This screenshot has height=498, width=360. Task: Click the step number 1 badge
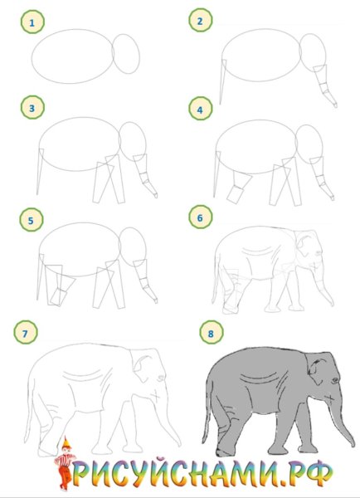click(x=32, y=22)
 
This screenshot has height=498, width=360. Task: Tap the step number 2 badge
click(x=200, y=20)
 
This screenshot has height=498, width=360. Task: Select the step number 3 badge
click(x=32, y=108)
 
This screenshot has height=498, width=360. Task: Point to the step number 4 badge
click(x=200, y=109)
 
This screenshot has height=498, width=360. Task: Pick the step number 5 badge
click(x=32, y=220)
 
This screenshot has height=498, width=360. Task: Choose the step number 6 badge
click(x=200, y=217)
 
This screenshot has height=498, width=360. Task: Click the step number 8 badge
click(x=212, y=333)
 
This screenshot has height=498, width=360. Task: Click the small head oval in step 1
click(x=126, y=54)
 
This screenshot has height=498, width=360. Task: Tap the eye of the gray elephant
click(x=335, y=380)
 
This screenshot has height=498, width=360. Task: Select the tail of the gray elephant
click(x=207, y=413)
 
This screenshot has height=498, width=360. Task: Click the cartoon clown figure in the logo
click(x=65, y=464)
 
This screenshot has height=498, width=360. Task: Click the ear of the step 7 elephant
click(x=142, y=369)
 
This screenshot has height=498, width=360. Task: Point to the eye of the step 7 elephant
click(x=161, y=378)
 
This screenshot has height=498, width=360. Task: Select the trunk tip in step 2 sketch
click(x=335, y=105)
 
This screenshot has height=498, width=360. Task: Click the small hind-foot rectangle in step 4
click(x=235, y=194)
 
